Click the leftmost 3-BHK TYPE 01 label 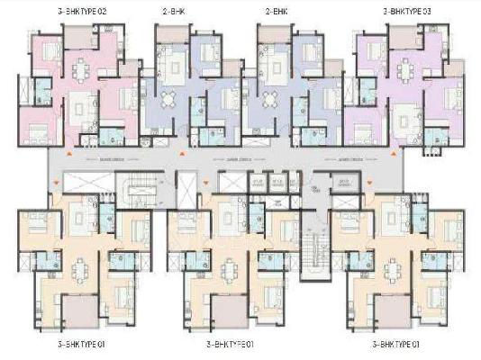click(71, 344)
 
